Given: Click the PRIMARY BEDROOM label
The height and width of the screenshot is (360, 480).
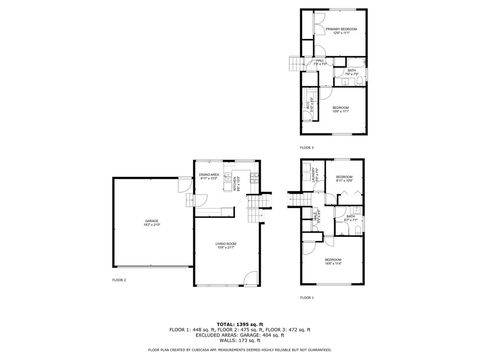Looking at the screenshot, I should click(341, 30).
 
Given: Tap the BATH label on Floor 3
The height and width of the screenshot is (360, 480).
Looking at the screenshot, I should click(352, 72).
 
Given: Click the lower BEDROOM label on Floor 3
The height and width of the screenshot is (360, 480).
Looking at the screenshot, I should click(341, 107).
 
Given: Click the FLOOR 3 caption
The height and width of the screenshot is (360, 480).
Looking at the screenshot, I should click(305, 148).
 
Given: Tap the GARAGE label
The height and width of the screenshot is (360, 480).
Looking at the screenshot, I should click(151, 225).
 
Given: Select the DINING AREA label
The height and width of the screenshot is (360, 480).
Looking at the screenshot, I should click(209, 177).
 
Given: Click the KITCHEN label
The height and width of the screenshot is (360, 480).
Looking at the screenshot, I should click(235, 183).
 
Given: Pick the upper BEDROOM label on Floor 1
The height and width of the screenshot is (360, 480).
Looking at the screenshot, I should click(345, 178).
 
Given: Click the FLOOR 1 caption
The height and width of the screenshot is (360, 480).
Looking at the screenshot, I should click(306, 298).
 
